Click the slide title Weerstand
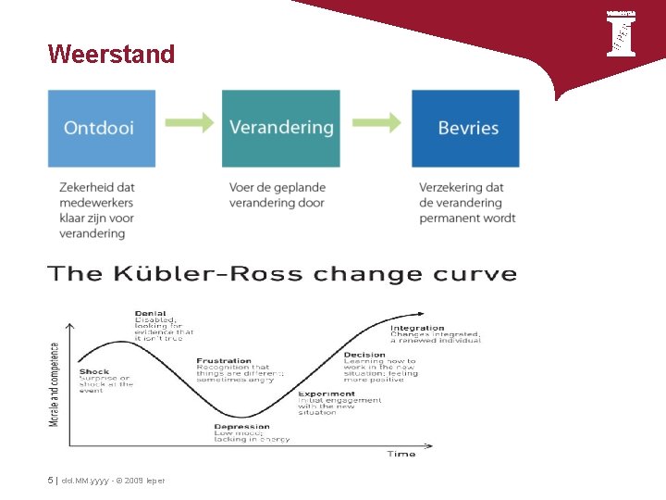[x=111, y=55]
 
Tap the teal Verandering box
[x=280, y=128]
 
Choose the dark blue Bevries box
[x=465, y=128]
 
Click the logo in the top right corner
[x=621, y=34]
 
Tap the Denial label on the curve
[x=151, y=313]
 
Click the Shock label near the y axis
[x=93, y=371]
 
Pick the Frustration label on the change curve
[x=224, y=360]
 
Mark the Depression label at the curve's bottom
[x=241, y=427]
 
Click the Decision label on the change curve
[x=364, y=354]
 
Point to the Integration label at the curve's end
[x=417, y=327]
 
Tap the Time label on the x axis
[x=401, y=454]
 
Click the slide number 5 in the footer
[x=50, y=480]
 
